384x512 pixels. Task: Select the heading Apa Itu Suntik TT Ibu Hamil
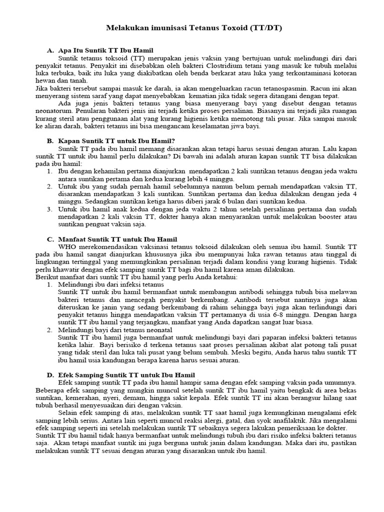tap(106, 51)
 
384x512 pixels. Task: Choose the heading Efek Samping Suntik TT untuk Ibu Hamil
tap(126, 374)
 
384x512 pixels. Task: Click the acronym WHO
tap(67, 247)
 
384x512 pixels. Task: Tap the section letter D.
tap(50, 374)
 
